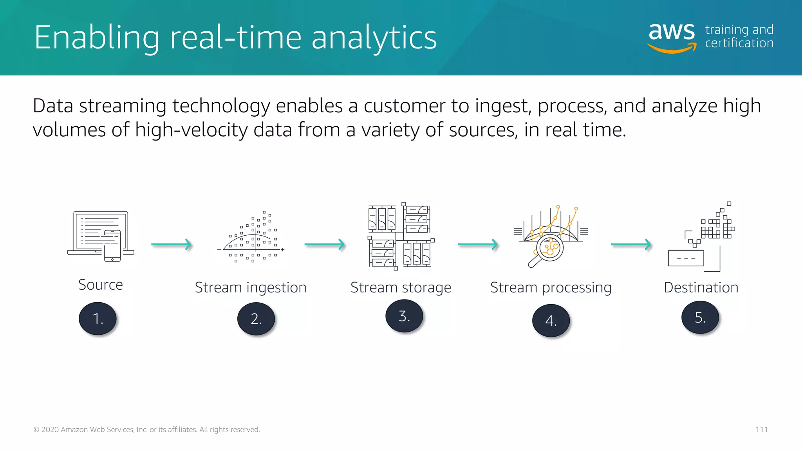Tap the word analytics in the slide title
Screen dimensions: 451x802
tap(374, 38)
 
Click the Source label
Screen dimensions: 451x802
tap(101, 285)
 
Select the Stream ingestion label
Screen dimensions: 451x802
tap(251, 288)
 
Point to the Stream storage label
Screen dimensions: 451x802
tap(401, 288)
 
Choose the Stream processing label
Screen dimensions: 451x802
tap(551, 288)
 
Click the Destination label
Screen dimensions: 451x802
tap(701, 288)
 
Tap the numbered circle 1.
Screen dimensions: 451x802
tap(98, 319)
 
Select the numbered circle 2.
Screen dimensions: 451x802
tap(256, 319)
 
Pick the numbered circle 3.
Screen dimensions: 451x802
tap(404, 316)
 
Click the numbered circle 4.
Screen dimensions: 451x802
tap(551, 321)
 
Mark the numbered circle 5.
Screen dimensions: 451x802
tap(700, 318)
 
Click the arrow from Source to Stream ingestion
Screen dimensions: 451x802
tap(172, 245)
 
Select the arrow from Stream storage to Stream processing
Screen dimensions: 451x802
tap(478, 245)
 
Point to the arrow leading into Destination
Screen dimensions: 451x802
tap(631, 245)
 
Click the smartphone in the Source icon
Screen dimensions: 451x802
tap(112, 246)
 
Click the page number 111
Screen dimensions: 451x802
tap(761, 429)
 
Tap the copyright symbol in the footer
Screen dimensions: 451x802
tap(36, 430)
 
